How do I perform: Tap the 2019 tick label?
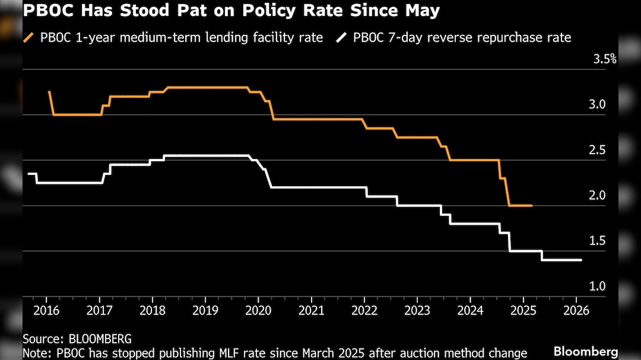[205, 310]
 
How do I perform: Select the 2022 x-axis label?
[363, 310]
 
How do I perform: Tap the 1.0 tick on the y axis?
[596, 286]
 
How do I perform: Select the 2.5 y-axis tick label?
[596, 150]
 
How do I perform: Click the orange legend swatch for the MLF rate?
[28, 38]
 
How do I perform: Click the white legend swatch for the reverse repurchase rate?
[341, 38]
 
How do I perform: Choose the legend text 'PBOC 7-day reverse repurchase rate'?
[462, 38]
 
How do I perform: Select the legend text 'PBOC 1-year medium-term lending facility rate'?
[182, 38]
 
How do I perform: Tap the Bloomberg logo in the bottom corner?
[586, 352]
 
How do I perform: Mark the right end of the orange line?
[531, 205]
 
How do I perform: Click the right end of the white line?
[581, 260]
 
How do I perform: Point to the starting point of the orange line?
[49, 92]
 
